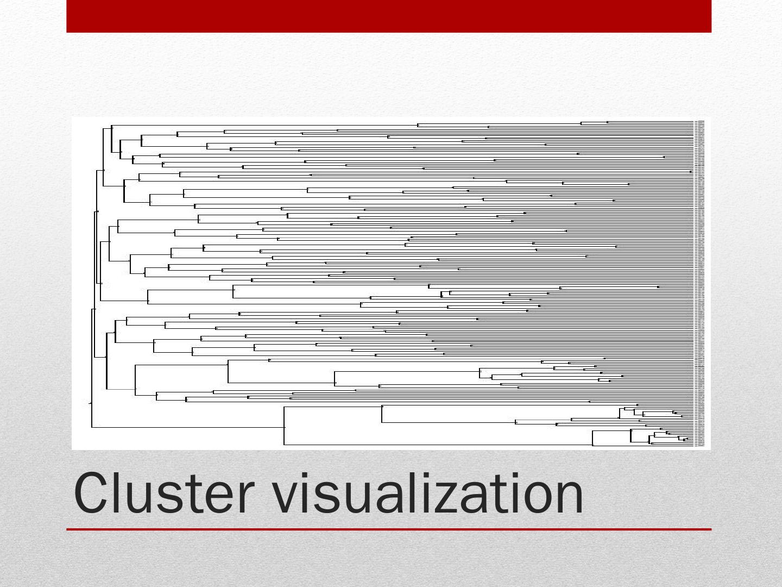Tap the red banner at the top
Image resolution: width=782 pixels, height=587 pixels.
(x=389, y=16)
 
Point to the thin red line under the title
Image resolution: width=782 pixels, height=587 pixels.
(x=389, y=529)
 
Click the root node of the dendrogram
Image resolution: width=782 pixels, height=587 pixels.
(x=91, y=403)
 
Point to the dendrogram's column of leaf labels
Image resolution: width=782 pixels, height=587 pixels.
(x=700, y=283)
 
